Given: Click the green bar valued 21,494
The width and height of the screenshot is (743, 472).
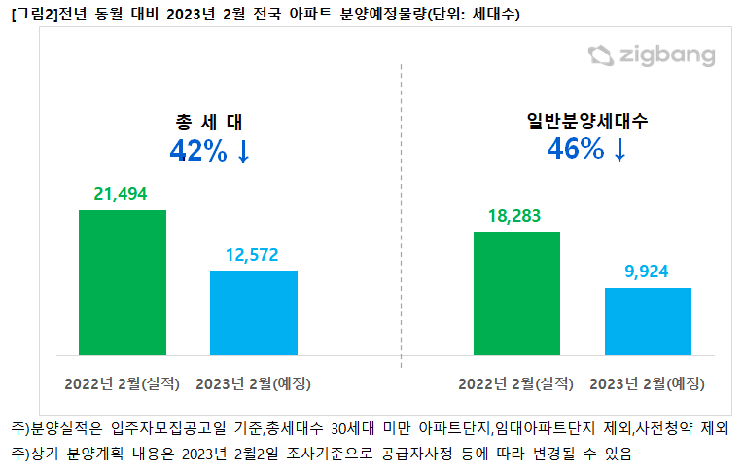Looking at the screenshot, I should pos(122,282).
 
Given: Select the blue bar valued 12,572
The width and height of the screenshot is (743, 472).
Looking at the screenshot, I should pos(254,312).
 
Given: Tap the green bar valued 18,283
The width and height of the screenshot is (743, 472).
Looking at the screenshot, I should pos(516,293).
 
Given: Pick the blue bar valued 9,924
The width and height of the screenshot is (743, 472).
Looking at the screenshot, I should pos(648,321).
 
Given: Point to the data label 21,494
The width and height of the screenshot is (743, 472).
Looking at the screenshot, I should pos(122,194).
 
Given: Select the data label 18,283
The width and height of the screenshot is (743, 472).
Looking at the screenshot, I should pos(515,216).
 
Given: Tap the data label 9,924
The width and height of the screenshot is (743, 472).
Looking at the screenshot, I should pos(648,272).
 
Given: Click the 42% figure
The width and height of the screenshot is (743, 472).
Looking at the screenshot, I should pos(198,151).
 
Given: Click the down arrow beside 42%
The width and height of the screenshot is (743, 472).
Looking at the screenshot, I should pos(244,152).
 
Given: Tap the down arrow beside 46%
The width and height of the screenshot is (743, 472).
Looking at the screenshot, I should pos(620,150).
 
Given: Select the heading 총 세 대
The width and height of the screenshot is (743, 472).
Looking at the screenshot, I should pos(208,123).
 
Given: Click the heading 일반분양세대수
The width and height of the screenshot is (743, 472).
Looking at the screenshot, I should pos(586,122).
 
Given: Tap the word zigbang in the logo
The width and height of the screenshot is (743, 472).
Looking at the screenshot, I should pos(666,56).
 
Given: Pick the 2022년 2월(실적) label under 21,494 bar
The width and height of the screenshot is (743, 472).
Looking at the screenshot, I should pos(123,382).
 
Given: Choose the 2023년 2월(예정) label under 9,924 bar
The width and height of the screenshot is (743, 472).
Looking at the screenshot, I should pos(649,382).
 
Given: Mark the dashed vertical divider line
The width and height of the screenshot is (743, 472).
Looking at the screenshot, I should pos(402,214).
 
